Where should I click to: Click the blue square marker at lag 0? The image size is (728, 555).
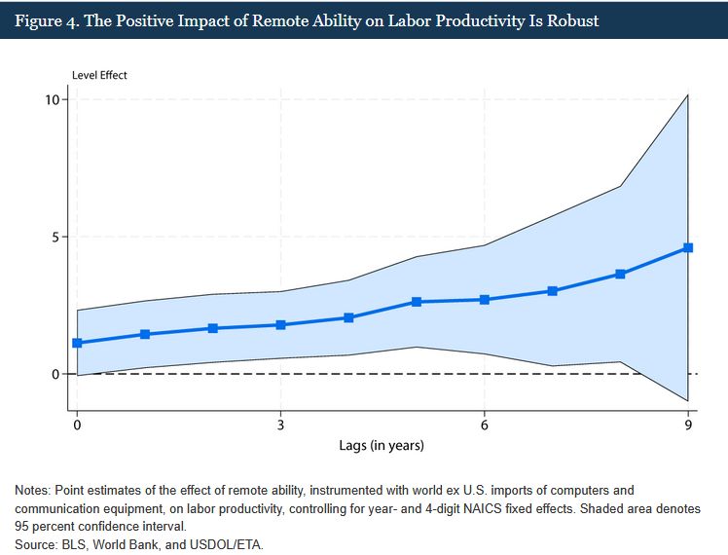[x=77, y=343]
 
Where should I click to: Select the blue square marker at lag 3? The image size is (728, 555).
[x=280, y=324]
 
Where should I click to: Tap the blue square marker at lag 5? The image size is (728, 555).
[x=417, y=302]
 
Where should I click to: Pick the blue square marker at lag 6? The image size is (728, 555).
[x=485, y=299]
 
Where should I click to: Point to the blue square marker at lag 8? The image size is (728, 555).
[x=620, y=274]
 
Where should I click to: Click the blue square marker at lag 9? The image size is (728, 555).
[x=688, y=247]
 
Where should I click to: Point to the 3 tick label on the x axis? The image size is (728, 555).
[x=280, y=425]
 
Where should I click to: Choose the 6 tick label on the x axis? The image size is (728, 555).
[x=485, y=425]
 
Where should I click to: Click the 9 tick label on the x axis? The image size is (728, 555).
[x=688, y=425]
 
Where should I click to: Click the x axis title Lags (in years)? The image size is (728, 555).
[x=382, y=446]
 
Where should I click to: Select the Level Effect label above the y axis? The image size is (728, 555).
[x=99, y=75]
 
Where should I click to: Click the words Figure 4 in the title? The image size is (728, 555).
[x=46, y=19]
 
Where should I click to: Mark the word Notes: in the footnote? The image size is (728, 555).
[x=35, y=491]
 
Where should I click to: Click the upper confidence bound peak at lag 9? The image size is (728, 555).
[x=688, y=95]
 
